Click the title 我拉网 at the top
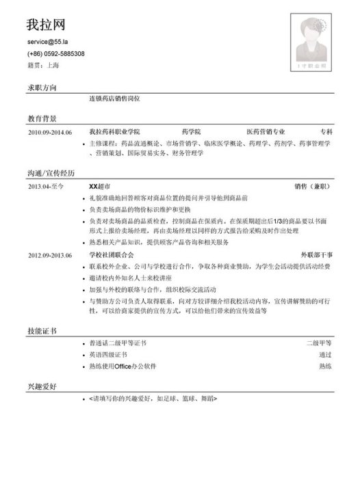click(46, 25)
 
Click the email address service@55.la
click(49, 42)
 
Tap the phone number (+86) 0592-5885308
click(56, 54)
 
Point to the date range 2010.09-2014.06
click(50, 131)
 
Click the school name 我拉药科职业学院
click(114, 131)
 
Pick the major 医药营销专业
click(266, 131)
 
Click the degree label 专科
click(326, 131)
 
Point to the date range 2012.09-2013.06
click(50, 255)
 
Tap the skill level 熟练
click(325, 367)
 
